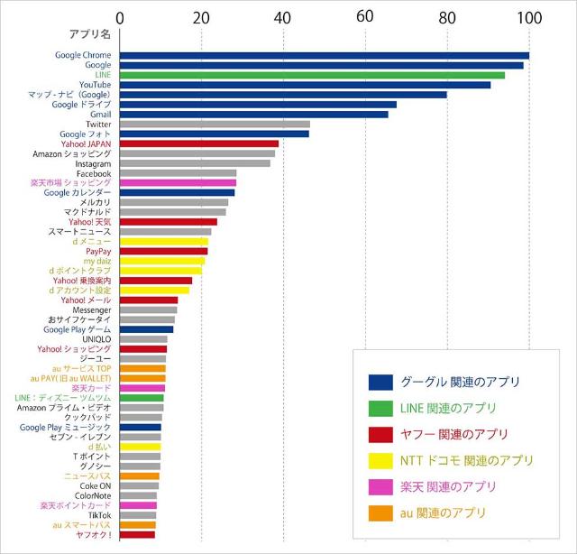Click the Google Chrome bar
point(325,56)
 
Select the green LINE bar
point(312,75)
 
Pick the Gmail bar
point(253,115)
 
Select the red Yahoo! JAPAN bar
point(199,143)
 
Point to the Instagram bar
point(195,163)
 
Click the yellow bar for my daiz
point(162,261)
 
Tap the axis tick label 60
point(365,17)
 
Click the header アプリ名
point(89,35)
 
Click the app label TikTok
point(99,515)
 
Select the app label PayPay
point(98,252)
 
